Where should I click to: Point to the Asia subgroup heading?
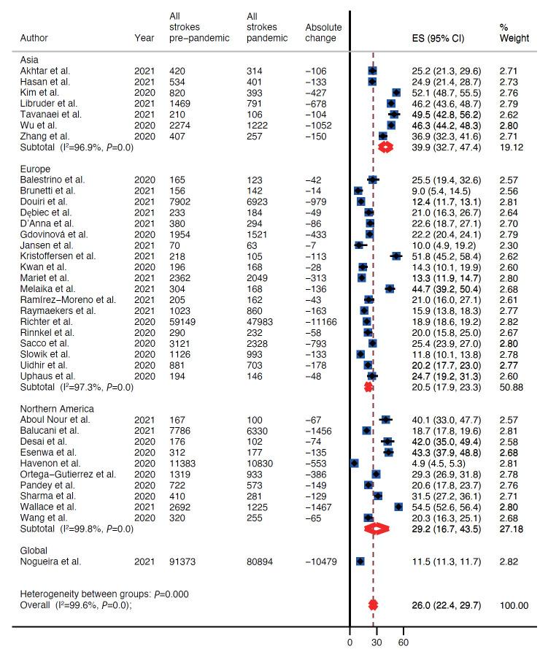pos(30,59)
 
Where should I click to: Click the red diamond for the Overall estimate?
pos(373,605)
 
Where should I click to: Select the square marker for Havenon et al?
pos(355,462)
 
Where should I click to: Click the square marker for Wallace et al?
pos(398,506)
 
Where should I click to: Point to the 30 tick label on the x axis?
pos(377,643)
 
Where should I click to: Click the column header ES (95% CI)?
pos(438,39)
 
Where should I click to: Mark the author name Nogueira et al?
pos(51,561)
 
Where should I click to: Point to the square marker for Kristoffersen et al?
pos(396,256)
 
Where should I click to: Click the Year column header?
pos(144,39)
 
